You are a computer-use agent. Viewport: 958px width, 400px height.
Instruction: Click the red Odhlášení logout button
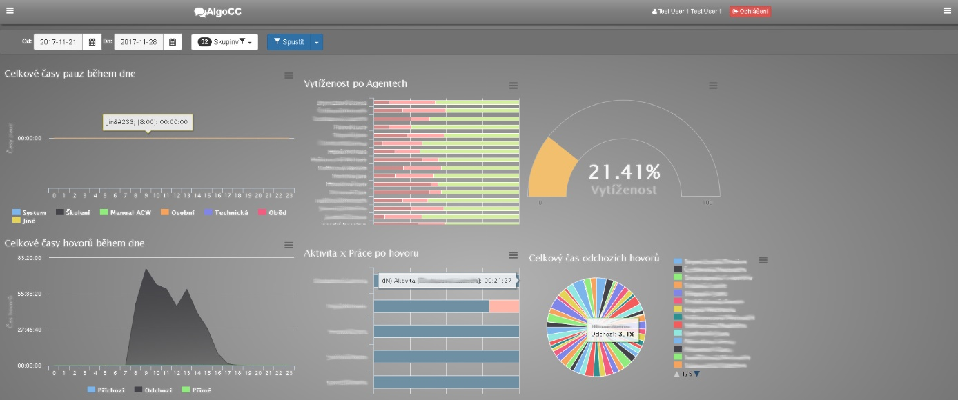coord(750,11)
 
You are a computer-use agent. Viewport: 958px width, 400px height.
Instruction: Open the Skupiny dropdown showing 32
coord(224,42)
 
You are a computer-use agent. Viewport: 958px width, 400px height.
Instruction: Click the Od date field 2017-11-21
coord(58,42)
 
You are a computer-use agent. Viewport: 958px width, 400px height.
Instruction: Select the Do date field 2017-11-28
coord(138,42)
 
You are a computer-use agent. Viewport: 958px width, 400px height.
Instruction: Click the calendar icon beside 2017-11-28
coord(173,42)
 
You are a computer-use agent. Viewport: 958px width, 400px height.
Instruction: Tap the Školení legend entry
coord(73,213)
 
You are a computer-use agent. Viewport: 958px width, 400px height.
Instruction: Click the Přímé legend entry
coord(201,390)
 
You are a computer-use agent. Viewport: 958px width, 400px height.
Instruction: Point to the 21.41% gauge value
coord(624,172)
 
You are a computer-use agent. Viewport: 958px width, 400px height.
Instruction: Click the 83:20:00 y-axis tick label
coord(28,258)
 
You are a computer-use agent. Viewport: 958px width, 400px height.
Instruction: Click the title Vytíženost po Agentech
coord(355,83)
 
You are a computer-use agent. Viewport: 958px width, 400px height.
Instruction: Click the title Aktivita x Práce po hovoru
coord(361,253)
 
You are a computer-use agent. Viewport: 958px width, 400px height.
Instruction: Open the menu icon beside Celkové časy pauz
coord(289,75)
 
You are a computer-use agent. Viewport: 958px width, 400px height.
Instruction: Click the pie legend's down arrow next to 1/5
coord(696,374)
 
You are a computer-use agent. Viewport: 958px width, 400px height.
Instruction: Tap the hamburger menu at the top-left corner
coord(10,10)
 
